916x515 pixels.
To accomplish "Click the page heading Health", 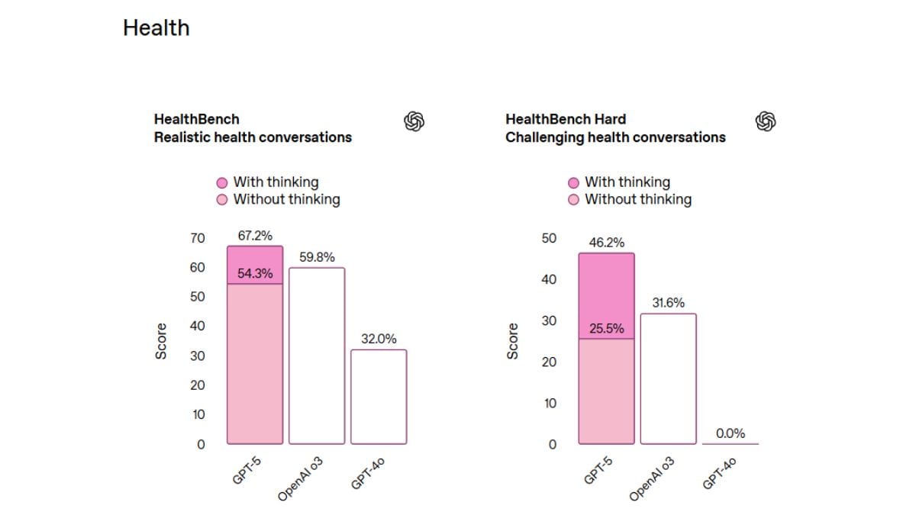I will tap(156, 28).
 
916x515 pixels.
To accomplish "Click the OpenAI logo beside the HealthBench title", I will tap(414, 121).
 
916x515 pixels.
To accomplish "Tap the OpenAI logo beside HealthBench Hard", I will tap(766, 121).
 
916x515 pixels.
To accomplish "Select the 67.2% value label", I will tap(255, 236).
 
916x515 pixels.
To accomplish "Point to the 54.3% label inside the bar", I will tap(255, 274).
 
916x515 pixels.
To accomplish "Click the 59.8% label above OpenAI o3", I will tap(317, 257).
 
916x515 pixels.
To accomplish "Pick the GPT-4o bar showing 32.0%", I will tap(379, 396).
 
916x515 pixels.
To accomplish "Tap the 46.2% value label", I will tap(606, 243).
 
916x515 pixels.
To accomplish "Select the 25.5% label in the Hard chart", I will tap(606, 329).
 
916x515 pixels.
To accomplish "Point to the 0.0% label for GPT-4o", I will tap(731, 433).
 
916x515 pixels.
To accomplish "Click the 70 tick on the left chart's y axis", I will tap(198, 238).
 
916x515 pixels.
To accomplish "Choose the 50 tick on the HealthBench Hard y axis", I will tap(549, 238).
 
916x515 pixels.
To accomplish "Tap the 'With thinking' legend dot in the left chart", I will tap(222, 182).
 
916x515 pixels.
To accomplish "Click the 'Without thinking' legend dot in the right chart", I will tap(574, 200).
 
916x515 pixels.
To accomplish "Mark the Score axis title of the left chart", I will tap(161, 341).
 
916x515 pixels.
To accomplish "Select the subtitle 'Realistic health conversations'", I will tap(253, 137).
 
